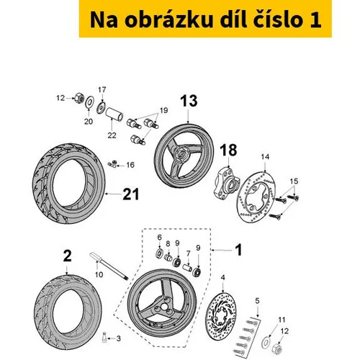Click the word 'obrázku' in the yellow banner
click(x=169, y=19)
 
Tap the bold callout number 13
click(x=189, y=101)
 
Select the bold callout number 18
click(x=228, y=150)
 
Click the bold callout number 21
click(x=131, y=194)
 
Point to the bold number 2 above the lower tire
click(x=67, y=256)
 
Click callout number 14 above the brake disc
click(x=265, y=157)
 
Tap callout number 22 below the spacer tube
click(x=112, y=135)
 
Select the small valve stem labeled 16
click(x=112, y=164)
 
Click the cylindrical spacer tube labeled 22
click(x=114, y=114)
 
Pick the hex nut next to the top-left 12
click(x=78, y=98)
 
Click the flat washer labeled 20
click(x=89, y=102)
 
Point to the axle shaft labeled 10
click(x=109, y=266)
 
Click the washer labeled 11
click(x=266, y=342)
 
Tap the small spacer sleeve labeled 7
click(x=187, y=267)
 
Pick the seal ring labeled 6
click(x=159, y=253)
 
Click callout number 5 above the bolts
click(x=257, y=301)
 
